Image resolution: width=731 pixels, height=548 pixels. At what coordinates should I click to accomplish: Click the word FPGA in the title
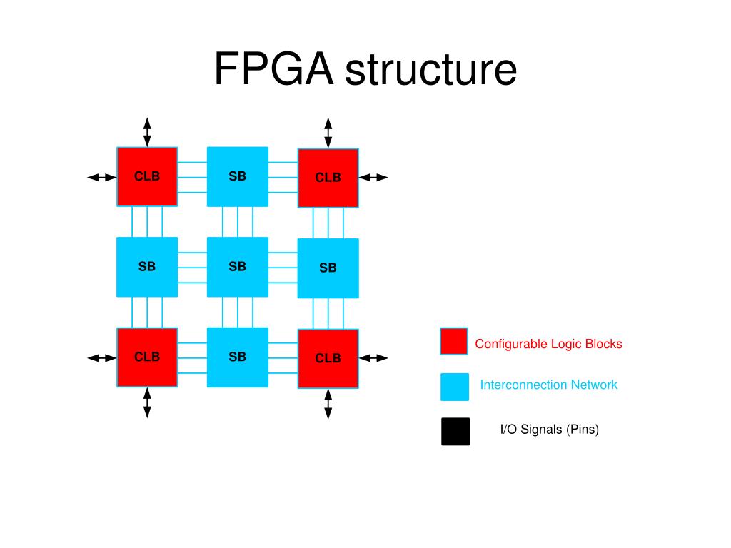point(274,70)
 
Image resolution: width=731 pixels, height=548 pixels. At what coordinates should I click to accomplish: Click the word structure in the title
point(431,70)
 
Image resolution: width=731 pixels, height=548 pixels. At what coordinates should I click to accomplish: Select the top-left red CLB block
point(147,177)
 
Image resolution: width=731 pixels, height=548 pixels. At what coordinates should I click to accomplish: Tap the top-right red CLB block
point(328,178)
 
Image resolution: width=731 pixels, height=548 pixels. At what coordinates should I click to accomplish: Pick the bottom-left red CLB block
point(147,357)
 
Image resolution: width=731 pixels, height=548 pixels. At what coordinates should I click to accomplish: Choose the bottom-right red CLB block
point(328,358)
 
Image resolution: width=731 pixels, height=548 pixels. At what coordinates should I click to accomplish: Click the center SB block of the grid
point(238,267)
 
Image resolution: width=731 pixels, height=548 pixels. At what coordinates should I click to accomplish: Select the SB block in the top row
point(238,176)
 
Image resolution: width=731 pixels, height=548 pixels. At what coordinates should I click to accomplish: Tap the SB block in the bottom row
point(238,357)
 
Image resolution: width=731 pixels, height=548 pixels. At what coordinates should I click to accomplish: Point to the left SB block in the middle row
point(147,267)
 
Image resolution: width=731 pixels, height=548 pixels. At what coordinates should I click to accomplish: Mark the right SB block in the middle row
point(328,268)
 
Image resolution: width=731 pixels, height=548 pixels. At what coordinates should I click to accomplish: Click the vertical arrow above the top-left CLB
point(147,132)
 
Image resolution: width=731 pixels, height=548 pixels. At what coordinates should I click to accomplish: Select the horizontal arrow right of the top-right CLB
point(373,177)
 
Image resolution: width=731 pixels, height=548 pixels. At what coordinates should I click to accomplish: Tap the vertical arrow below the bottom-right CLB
point(328,403)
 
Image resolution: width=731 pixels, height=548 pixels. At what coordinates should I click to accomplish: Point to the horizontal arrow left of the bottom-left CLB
point(101,357)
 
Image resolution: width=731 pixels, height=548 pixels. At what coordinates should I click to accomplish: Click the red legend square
point(454,341)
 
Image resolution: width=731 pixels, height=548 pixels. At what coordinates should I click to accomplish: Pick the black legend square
point(455,431)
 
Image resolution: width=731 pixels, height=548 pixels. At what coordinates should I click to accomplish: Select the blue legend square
point(455,386)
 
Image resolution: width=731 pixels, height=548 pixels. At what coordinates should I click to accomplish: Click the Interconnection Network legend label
point(548,385)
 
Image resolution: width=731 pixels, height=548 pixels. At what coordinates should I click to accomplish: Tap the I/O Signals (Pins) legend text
point(549,430)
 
